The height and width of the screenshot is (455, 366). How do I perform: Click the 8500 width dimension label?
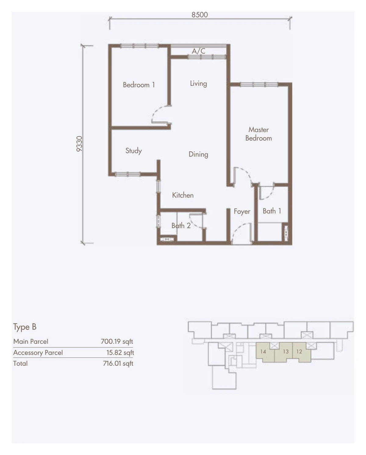pos(199,15)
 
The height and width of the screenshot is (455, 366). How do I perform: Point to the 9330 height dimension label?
pos(79,144)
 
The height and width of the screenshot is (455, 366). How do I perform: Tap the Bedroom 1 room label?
pos(139,85)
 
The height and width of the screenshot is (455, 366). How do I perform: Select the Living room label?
pos(198,84)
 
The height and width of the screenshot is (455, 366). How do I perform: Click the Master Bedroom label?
pos(259,134)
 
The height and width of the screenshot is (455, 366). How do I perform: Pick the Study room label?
pos(133,151)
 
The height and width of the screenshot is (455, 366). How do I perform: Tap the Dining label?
pos(198,154)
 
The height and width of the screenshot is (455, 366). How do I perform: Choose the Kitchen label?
pos(183,195)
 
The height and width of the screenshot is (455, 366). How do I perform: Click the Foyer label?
pos(242,211)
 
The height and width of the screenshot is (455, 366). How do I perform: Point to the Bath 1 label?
pos(272,211)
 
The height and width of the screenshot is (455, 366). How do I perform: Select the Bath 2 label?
pos(181,226)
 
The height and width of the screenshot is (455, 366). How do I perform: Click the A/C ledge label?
pos(199,51)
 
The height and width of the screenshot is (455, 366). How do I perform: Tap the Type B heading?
pos(25,327)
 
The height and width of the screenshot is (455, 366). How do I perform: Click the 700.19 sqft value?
pos(117,342)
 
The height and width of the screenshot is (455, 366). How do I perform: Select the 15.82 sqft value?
pos(120,353)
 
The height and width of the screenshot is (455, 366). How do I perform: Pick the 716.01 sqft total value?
pos(118,364)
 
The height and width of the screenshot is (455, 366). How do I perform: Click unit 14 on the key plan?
pos(263,352)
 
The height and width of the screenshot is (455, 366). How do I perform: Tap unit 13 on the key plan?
pos(286,352)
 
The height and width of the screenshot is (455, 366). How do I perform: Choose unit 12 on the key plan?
pos(299,352)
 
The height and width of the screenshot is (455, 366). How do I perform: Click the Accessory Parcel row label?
pos(38,353)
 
